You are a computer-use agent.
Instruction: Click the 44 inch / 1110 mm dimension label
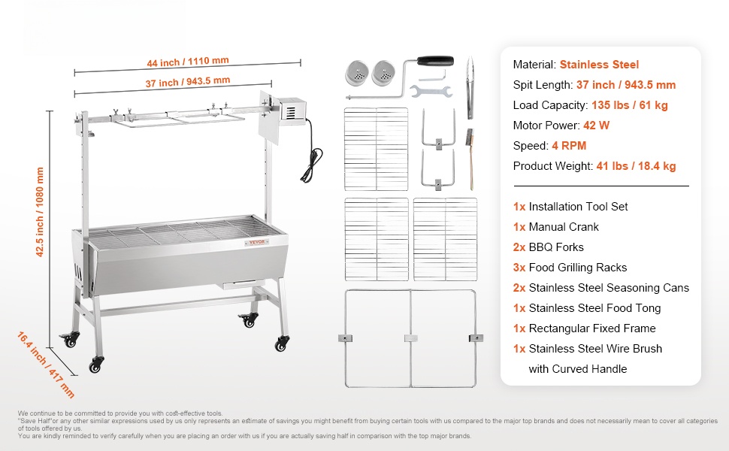(x=188, y=61)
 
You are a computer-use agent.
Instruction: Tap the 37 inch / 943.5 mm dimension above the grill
(x=188, y=81)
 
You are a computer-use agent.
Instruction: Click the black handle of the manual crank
(x=437, y=60)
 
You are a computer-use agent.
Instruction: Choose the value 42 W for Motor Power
(x=595, y=126)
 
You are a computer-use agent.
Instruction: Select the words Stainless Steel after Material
(x=599, y=65)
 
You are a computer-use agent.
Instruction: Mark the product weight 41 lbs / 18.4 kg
(x=636, y=166)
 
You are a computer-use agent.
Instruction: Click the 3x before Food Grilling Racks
(x=519, y=268)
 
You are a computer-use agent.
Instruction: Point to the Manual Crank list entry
(x=564, y=227)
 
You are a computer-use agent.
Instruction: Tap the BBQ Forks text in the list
(x=556, y=247)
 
